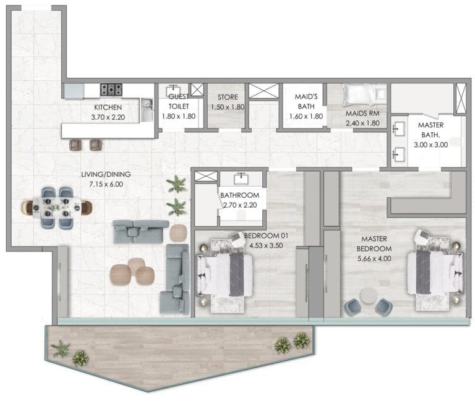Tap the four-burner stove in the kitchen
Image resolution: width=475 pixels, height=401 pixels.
coord(112,90)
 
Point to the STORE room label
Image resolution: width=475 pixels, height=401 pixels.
coord(226,98)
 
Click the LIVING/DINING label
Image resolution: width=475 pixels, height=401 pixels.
coord(106,174)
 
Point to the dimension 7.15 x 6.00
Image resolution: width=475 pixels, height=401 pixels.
coord(106,184)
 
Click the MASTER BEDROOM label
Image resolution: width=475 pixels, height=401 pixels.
coord(374,243)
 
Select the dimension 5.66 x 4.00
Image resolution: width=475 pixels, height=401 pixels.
coord(374,260)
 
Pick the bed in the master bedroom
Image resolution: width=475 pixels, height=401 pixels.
coord(435,272)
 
